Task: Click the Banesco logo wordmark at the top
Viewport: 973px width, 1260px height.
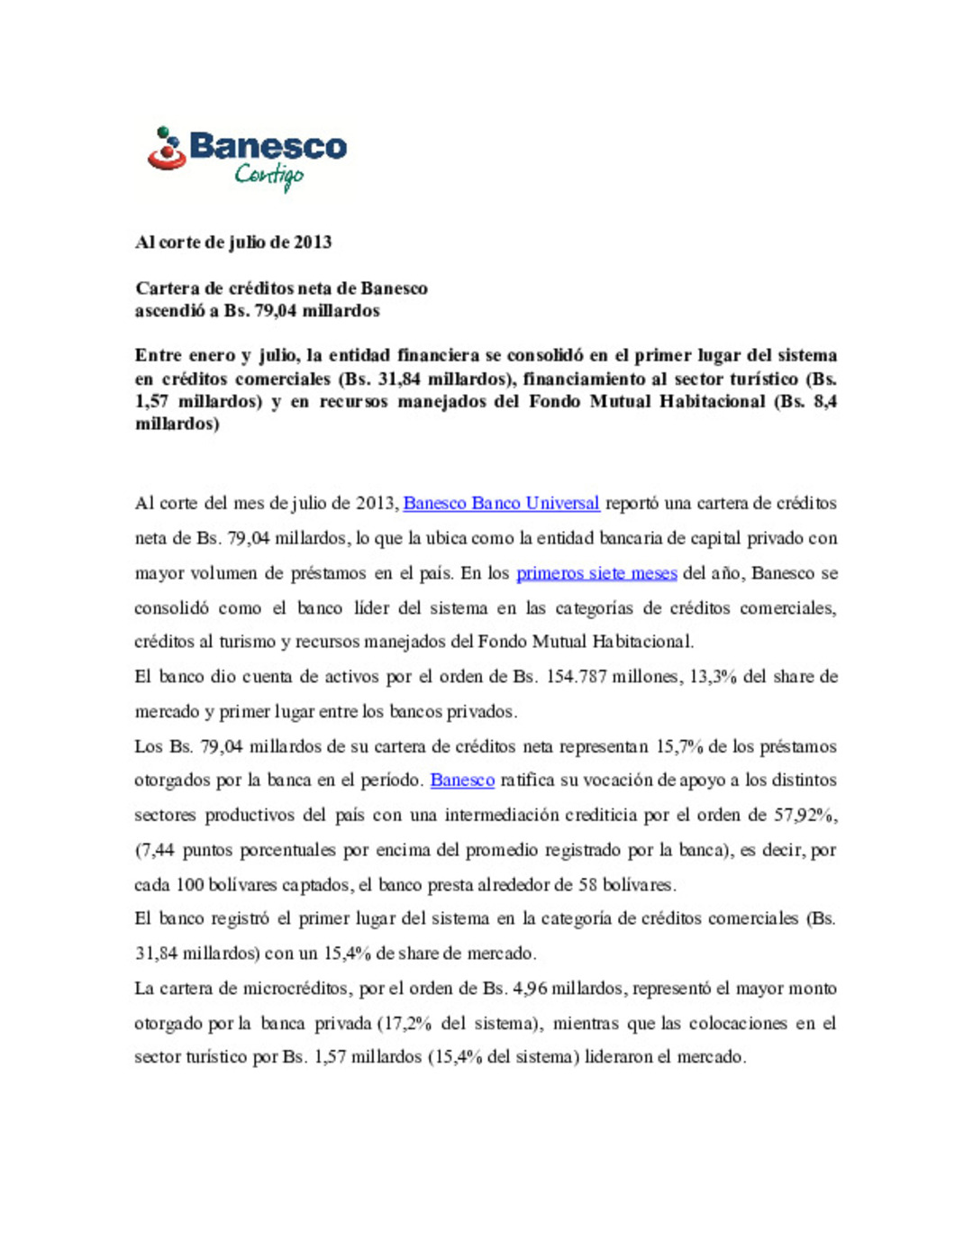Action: coord(268,147)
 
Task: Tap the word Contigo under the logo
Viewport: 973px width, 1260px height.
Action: coord(268,175)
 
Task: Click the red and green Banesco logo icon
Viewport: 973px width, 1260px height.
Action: coord(167,150)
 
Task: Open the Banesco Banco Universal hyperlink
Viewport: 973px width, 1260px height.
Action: coord(501,503)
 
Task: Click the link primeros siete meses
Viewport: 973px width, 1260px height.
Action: coord(596,573)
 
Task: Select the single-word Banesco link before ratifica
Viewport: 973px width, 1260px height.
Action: coord(462,781)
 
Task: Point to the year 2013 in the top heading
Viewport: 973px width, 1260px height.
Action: coord(312,242)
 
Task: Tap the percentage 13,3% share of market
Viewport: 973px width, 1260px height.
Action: coord(712,677)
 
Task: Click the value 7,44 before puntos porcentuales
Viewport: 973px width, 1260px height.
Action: coord(156,850)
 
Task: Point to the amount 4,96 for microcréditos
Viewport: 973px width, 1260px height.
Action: coord(530,989)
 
